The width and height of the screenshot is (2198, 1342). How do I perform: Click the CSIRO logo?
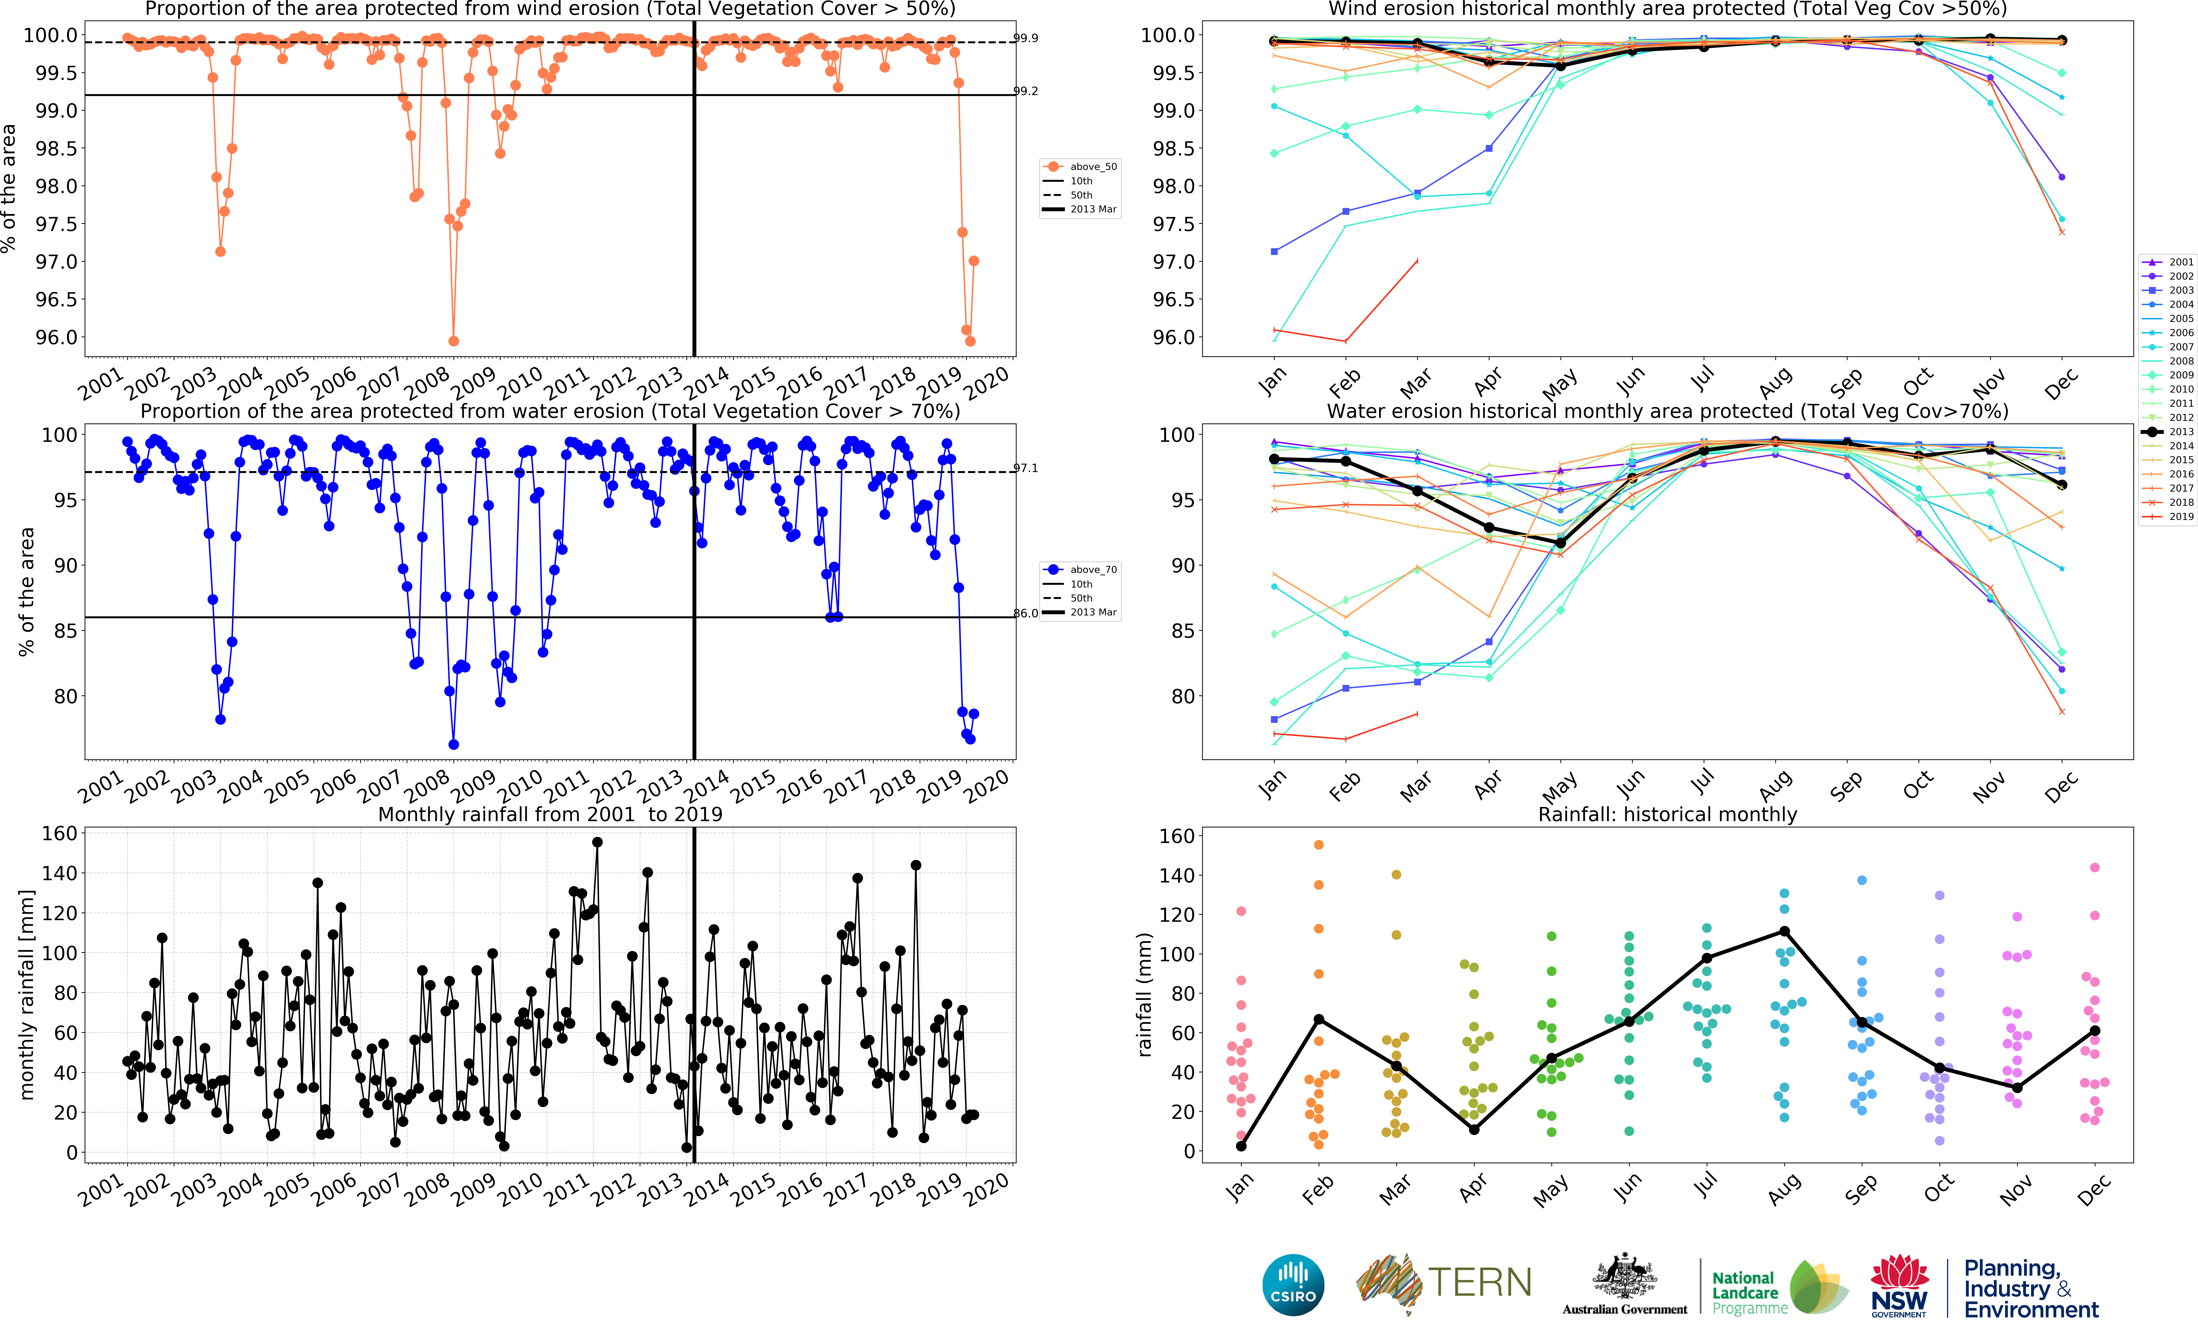[1293, 1285]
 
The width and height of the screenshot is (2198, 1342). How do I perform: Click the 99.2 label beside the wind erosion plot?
[1026, 91]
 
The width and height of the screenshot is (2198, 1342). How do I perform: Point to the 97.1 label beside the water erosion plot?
[1026, 468]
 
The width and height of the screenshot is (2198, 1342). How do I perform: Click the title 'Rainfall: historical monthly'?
[1667, 814]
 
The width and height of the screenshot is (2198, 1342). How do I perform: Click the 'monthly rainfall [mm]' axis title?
[27, 994]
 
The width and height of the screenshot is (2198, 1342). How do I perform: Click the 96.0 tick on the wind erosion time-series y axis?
[56, 337]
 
